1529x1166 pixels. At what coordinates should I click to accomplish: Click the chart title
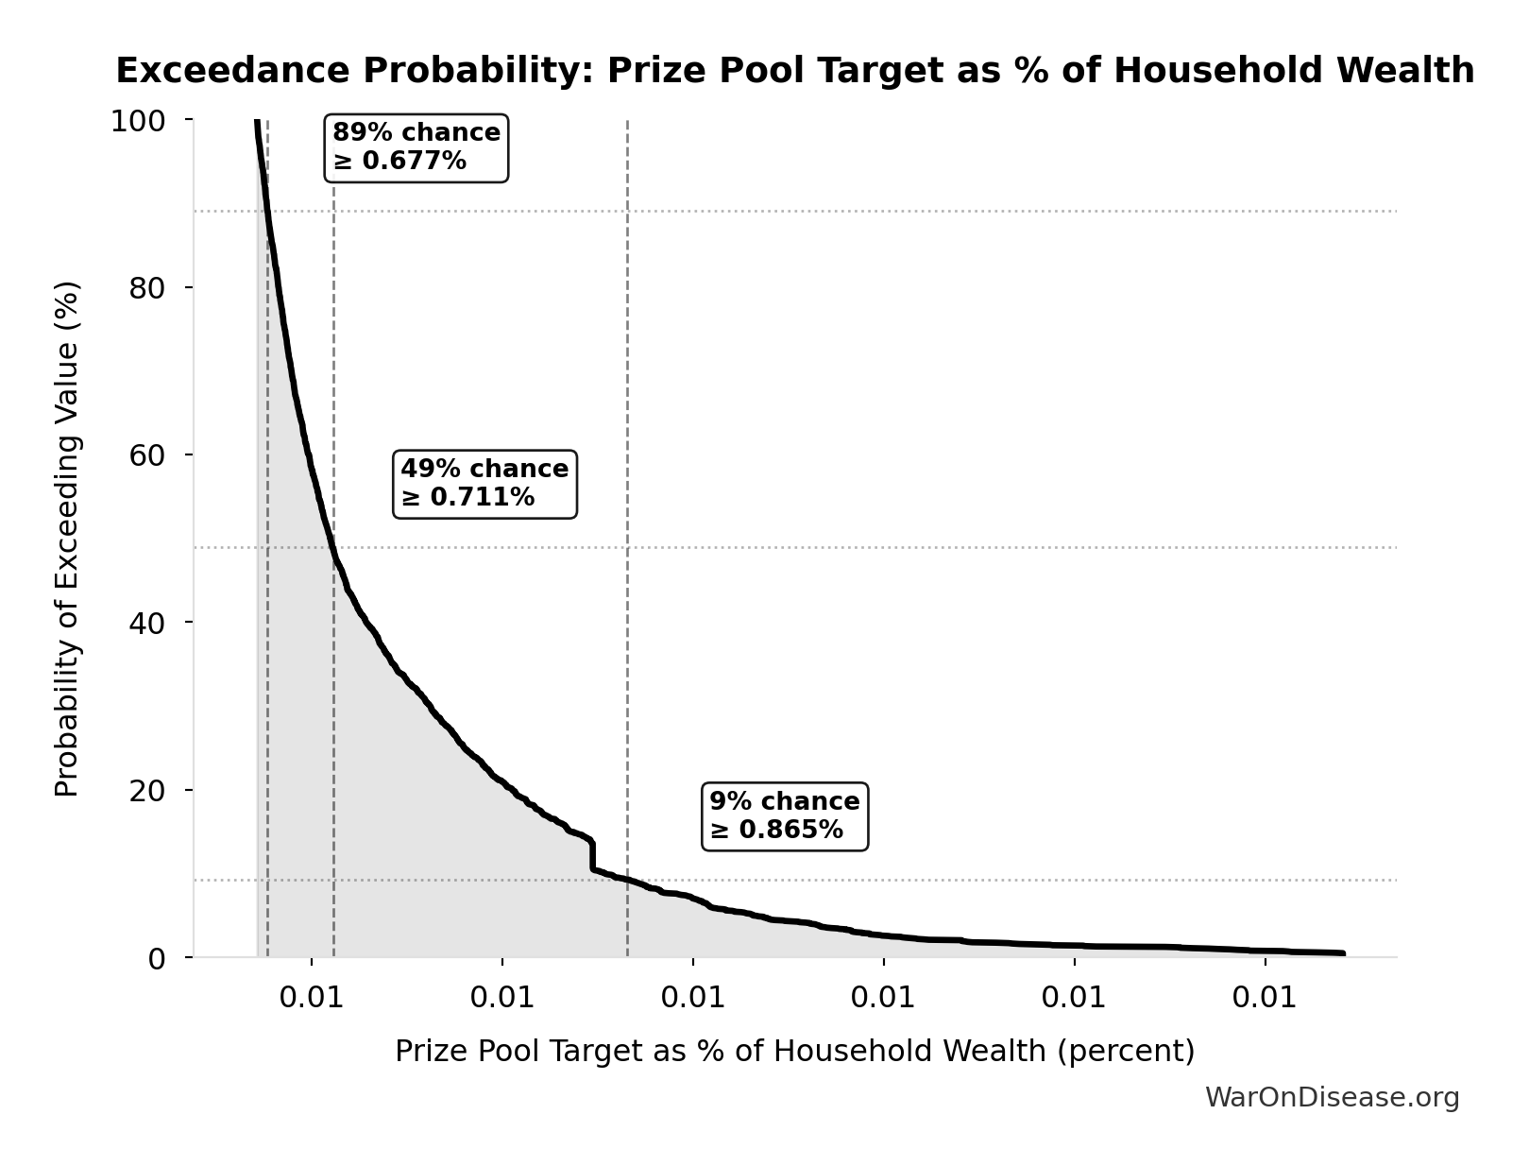(x=794, y=71)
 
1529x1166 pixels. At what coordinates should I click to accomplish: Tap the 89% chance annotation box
(x=416, y=147)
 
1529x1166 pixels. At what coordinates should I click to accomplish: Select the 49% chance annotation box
(x=484, y=484)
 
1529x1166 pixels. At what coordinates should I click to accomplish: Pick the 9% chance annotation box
(x=785, y=816)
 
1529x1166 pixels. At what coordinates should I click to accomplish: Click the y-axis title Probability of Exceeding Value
(x=67, y=539)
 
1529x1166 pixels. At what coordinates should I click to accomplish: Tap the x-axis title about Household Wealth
(x=794, y=1052)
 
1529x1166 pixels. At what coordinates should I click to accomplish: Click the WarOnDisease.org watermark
(x=1332, y=1098)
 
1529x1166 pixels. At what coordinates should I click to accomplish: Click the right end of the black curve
(x=1342, y=953)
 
